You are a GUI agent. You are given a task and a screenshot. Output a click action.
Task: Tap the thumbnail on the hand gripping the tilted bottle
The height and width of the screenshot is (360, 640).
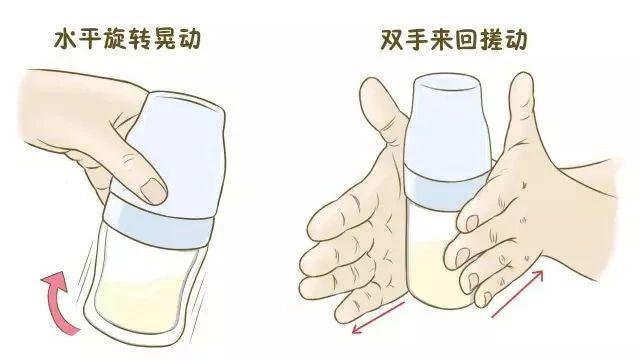click(151, 187)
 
